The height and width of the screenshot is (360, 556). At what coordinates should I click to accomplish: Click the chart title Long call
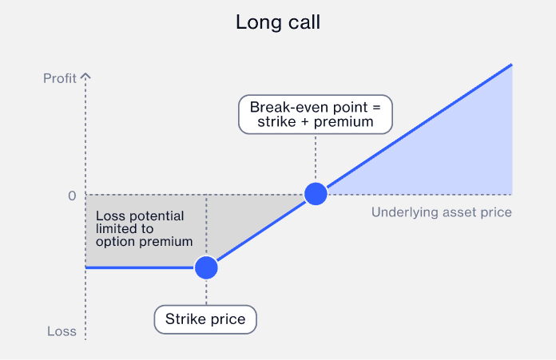pyautogui.click(x=277, y=22)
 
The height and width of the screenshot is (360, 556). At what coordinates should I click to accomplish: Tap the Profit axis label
pyautogui.click(x=60, y=78)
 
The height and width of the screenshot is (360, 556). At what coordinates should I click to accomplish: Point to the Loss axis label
pyautogui.click(x=61, y=331)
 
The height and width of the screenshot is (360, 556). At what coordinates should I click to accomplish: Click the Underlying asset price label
pyautogui.click(x=441, y=212)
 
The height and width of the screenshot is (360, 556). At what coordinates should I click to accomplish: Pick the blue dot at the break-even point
pyautogui.click(x=316, y=193)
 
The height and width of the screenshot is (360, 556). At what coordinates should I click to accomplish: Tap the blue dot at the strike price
pyautogui.click(x=206, y=267)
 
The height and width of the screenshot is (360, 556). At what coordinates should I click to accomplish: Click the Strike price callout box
pyautogui.click(x=205, y=320)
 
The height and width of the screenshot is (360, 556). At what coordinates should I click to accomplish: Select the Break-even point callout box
pyautogui.click(x=316, y=114)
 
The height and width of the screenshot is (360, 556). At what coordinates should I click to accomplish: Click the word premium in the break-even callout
pyautogui.click(x=344, y=122)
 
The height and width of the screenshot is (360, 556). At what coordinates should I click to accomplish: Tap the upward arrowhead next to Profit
pyautogui.click(x=86, y=77)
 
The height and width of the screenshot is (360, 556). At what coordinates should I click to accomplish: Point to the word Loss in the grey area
pyautogui.click(x=109, y=216)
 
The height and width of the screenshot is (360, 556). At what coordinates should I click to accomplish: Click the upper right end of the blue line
pyautogui.click(x=510, y=65)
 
